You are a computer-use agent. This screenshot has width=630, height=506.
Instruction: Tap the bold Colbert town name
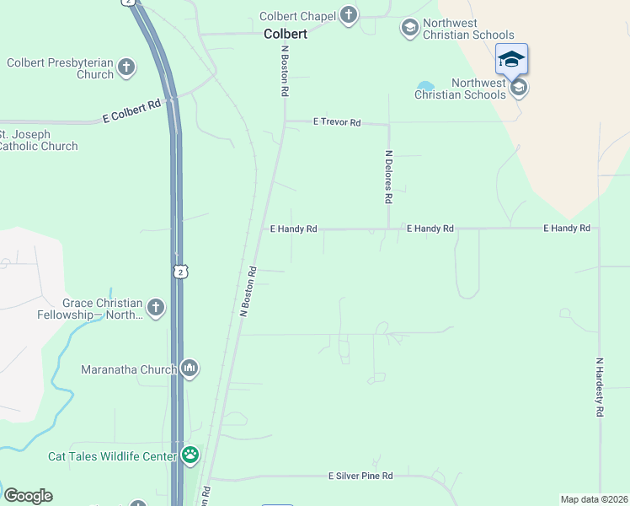[286, 35]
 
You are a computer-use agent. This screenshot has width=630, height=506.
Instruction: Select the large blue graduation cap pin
[511, 59]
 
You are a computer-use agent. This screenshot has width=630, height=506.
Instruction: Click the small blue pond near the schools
[425, 86]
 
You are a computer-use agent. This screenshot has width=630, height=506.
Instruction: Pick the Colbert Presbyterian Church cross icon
[126, 67]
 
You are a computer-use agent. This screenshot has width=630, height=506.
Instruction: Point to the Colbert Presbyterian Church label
[60, 68]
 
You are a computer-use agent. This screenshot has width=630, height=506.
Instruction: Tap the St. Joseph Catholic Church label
[37, 140]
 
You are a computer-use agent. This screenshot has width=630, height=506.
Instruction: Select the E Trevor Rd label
[337, 122]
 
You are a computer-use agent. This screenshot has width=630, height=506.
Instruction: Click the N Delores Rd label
[388, 177]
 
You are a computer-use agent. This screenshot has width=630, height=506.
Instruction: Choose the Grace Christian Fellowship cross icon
[156, 309]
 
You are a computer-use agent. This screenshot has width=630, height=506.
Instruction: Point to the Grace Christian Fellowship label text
[102, 309]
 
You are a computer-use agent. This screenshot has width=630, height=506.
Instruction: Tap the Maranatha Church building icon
[190, 369]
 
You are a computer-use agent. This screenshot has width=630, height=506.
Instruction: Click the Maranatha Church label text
[129, 369]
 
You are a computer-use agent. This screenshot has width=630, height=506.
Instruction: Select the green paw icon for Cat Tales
[191, 456]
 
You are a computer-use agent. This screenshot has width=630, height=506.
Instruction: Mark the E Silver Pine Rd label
[360, 476]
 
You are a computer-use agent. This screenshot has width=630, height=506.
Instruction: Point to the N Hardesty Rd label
[600, 387]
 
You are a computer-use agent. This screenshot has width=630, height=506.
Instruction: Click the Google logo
[28, 496]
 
